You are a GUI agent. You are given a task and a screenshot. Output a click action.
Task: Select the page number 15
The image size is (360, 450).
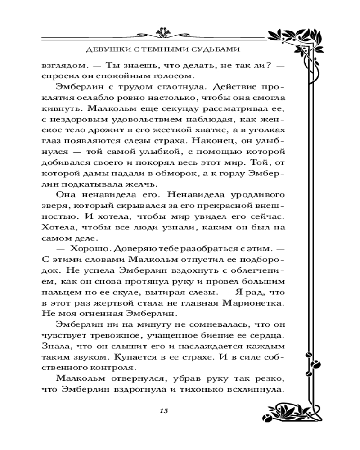163,410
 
